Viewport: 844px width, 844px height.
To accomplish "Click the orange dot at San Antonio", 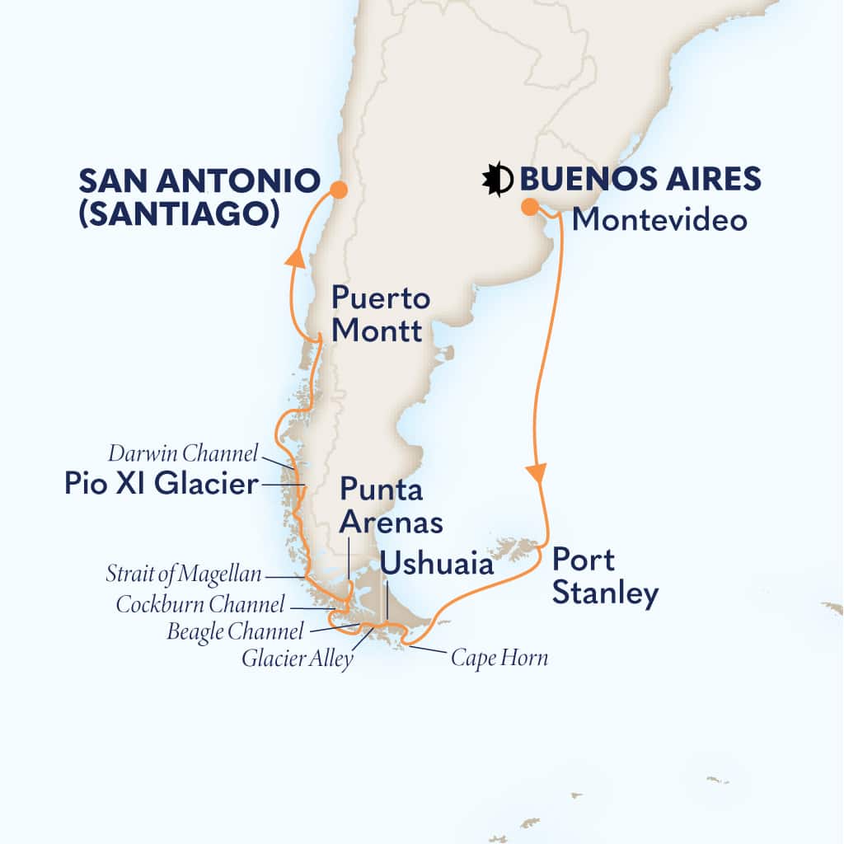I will point(338,190).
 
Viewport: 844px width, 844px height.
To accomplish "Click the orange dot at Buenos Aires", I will point(528,207).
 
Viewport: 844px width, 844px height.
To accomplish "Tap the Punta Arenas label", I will point(392,506).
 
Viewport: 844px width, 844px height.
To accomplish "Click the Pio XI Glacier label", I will point(162,485).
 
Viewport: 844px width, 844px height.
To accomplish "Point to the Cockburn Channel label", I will point(200,603).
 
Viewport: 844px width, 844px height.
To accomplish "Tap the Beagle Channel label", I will point(235,631).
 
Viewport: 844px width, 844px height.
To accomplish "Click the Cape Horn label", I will point(499,658).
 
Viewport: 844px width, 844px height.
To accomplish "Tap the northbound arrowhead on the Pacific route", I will point(293,260).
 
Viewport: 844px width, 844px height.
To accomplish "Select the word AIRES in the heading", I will point(710,179).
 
